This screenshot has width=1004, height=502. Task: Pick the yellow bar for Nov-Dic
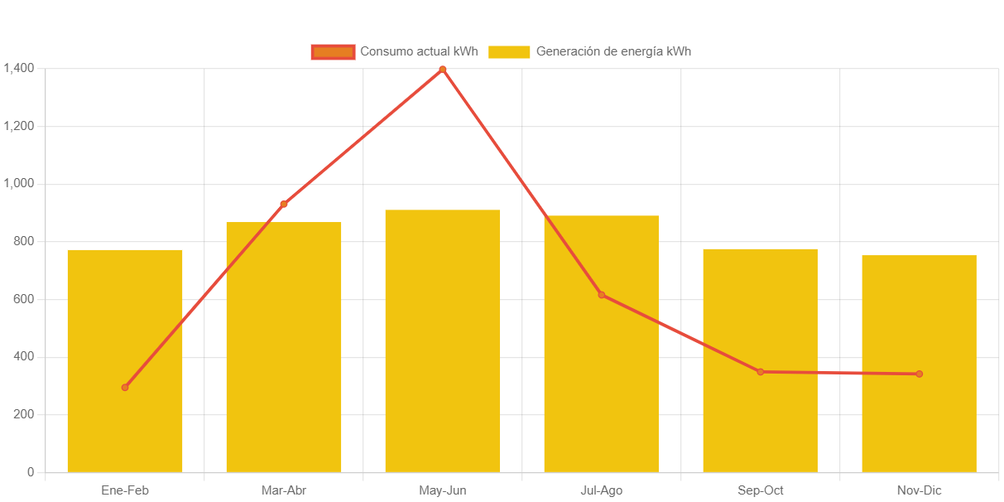click(x=919, y=364)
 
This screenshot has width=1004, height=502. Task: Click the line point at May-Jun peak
click(x=443, y=70)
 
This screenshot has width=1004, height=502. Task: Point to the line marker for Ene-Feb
click(x=125, y=388)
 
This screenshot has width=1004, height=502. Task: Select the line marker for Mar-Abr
click(x=284, y=204)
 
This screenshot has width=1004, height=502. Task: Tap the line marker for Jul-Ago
click(x=602, y=295)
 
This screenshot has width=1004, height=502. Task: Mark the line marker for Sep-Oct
click(x=760, y=372)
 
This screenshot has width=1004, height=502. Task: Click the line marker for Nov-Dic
click(x=919, y=374)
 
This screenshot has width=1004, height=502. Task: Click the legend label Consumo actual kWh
click(x=419, y=51)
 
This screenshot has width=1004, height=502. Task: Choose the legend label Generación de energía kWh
click(x=613, y=51)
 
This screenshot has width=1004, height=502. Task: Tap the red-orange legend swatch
click(x=333, y=52)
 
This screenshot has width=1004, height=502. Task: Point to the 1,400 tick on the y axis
click(x=18, y=68)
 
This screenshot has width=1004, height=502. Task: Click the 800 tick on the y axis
click(x=24, y=241)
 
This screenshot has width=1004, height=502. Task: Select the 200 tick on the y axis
click(x=24, y=414)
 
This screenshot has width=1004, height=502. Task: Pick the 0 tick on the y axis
click(x=31, y=472)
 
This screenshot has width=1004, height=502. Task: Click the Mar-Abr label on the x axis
click(x=284, y=490)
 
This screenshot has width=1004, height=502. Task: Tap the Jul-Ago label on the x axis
click(x=602, y=490)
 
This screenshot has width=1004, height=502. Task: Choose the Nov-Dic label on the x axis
click(x=919, y=490)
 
